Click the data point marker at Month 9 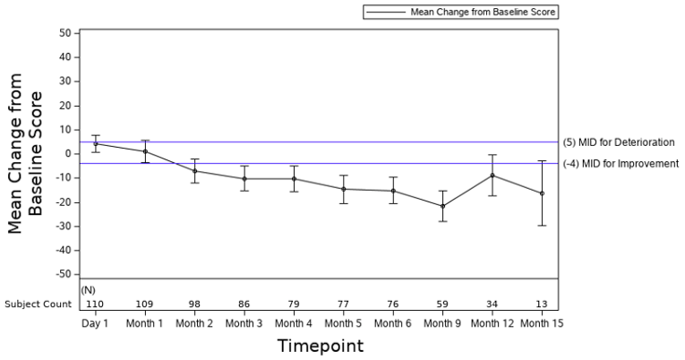click(442, 206)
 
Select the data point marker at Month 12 click(492, 175)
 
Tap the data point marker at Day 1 click(96, 143)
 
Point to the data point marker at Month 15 click(542, 193)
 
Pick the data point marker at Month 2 click(195, 171)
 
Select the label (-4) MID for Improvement click(621, 163)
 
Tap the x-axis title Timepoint click(319, 345)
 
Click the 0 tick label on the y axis click(67, 154)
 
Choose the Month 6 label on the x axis click(393, 322)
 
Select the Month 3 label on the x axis click(244, 322)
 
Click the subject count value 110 click(96, 304)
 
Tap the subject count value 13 click(542, 304)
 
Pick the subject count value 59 click(442, 304)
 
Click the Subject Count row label click(37, 304)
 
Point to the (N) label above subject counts click(88, 290)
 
